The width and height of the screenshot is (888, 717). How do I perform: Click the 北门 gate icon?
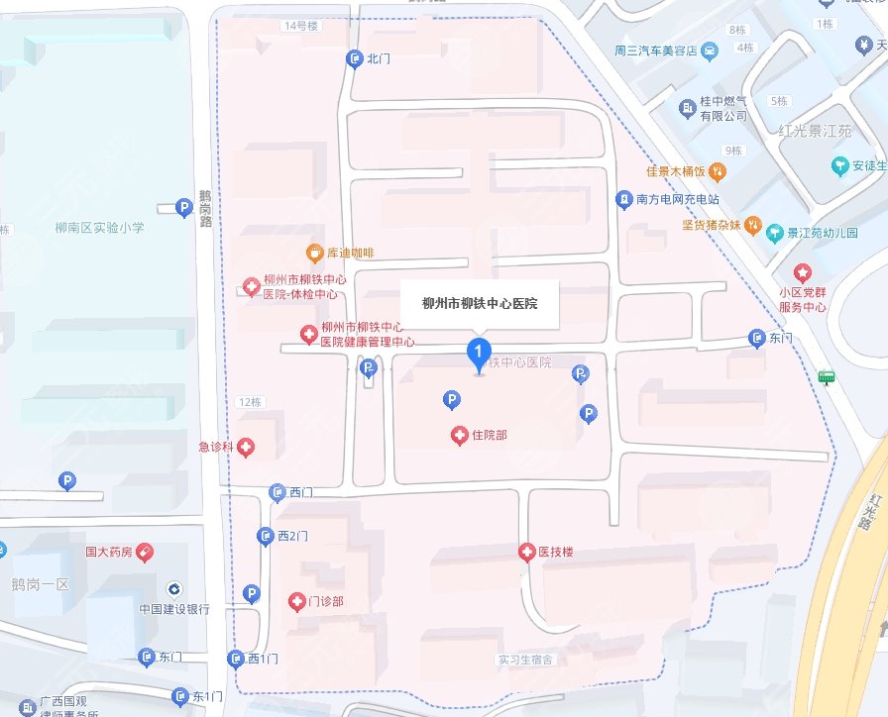(354, 59)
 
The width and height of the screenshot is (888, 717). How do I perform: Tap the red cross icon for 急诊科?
(244, 448)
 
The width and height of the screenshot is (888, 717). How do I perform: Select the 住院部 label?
(490, 435)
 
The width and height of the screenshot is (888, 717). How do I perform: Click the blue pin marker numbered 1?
(480, 353)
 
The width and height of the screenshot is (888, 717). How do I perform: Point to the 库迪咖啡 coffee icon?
(314, 253)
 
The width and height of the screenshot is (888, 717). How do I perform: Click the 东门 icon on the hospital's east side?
(756, 338)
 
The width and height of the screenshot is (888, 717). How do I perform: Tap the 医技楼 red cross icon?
(526, 552)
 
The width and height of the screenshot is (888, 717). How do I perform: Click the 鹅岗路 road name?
(205, 209)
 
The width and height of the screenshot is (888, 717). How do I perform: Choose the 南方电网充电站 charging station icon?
(623, 199)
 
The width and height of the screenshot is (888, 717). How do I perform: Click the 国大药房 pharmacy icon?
(146, 551)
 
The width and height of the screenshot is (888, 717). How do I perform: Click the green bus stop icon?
(825, 376)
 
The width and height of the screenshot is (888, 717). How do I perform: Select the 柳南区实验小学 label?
(100, 228)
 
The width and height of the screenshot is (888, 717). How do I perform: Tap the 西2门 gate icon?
(266, 536)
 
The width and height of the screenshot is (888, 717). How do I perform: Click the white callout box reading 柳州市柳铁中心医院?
(480, 304)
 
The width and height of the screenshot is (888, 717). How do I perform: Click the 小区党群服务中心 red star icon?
(802, 272)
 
